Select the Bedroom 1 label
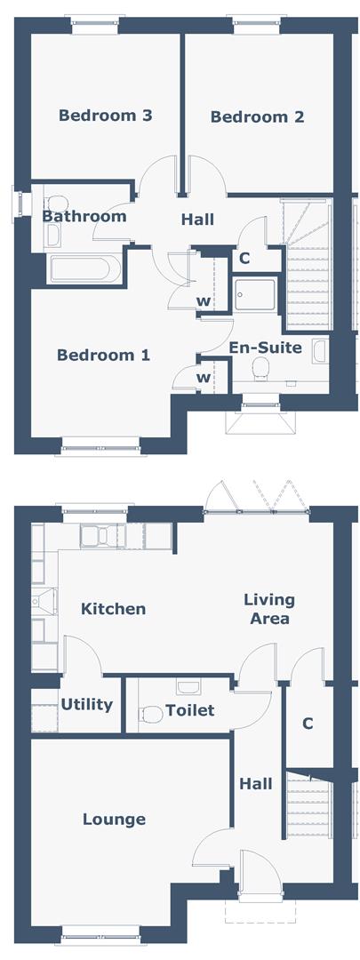[x=103, y=355]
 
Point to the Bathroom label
[x=84, y=216]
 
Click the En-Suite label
[x=265, y=348]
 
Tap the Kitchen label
[x=113, y=609]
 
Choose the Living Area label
[x=268, y=609]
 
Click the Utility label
[x=87, y=705]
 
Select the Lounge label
[x=114, y=819]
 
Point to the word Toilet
[x=190, y=710]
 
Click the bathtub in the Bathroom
[x=81, y=268]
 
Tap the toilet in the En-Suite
[x=262, y=368]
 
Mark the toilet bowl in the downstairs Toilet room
[x=151, y=712]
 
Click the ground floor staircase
[x=308, y=808]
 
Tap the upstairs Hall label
[x=197, y=220]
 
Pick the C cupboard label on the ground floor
[x=308, y=724]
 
